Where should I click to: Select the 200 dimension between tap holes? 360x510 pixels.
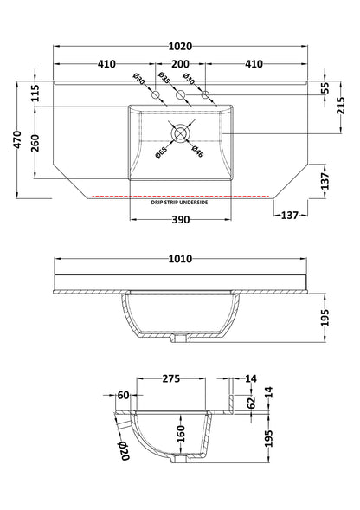(x=180, y=63)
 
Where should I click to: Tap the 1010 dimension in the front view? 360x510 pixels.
(x=180, y=259)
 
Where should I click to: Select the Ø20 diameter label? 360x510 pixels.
(x=125, y=447)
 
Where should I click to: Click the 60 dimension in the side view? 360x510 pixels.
(x=123, y=395)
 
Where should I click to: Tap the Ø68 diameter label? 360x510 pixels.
(x=161, y=152)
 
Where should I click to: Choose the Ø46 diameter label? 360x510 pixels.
(x=197, y=152)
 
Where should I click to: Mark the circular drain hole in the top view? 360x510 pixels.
(x=180, y=133)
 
